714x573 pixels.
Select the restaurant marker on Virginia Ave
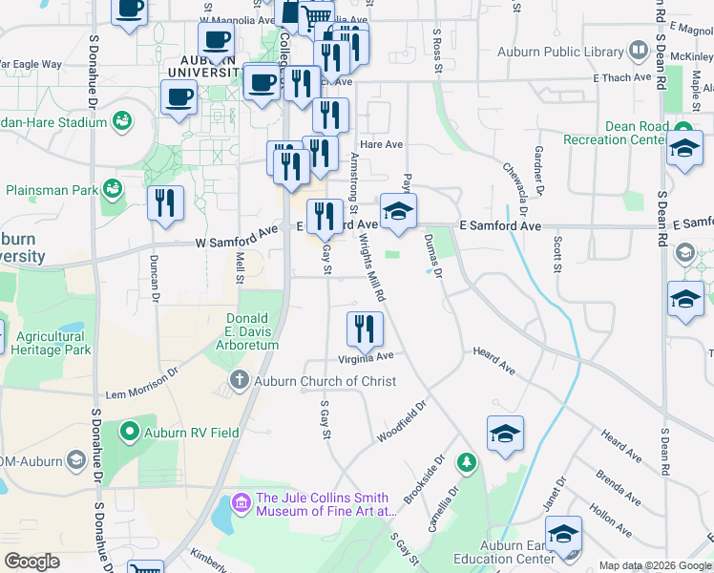pyautogui.click(x=364, y=329)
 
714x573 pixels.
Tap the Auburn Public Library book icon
pyautogui.click(x=639, y=52)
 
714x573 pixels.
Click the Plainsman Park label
pyautogui.click(x=52, y=190)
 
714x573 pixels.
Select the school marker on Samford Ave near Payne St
pyautogui.click(x=399, y=212)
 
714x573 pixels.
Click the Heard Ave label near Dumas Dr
pyautogui.click(x=493, y=360)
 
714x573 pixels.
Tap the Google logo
pyautogui.click(x=31, y=562)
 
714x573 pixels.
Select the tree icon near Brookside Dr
pyautogui.click(x=467, y=463)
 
